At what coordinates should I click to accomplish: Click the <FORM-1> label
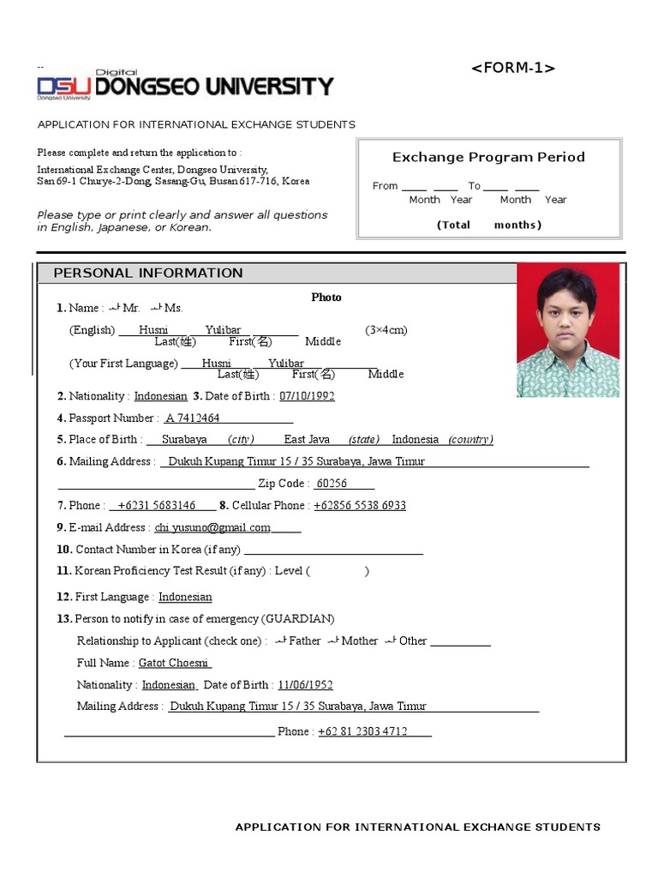pos(513,69)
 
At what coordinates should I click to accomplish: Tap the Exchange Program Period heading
pos(488,157)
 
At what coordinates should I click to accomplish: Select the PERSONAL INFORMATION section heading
pos(148,273)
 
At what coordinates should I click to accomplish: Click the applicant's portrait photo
pos(567,331)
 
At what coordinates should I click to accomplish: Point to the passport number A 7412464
pos(193,418)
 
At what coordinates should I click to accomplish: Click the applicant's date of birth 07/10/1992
pos(307,396)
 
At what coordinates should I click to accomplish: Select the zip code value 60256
pos(332,484)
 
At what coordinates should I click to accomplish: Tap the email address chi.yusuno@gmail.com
pos(212,527)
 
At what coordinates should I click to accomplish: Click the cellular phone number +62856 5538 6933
pos(360,506)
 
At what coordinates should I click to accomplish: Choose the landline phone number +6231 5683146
pos(156,506)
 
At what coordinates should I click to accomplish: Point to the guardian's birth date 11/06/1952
pos(305,685)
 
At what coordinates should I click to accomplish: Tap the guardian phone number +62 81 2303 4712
pos(362,731)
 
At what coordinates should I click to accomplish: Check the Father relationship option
pos(281,640)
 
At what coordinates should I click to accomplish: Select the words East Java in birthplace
pos(307,439)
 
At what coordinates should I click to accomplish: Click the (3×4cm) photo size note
pos(386,330)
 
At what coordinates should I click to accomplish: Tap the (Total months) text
pos(489,225)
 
